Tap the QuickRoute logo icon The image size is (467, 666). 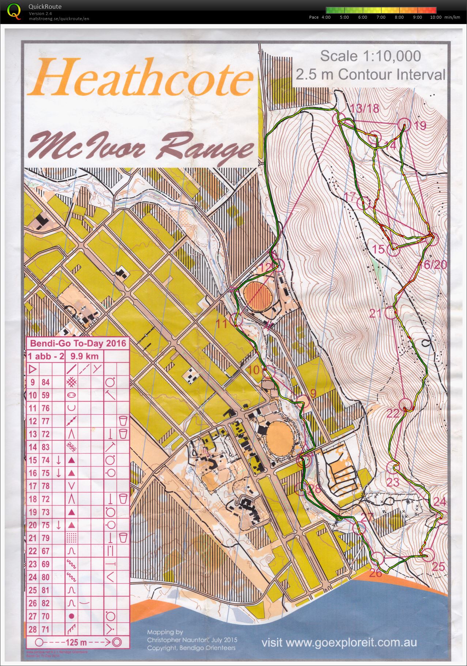click(x=14, y=11)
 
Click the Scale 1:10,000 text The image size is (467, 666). click(x=370, y=56)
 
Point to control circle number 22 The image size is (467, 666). click(x=405, y=405)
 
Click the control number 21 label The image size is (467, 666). click(x=376, y=313)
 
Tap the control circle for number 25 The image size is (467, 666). click(x=428, y=555)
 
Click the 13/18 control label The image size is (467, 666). click(x=364, y=108)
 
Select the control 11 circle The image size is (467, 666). click(x=236, y=320)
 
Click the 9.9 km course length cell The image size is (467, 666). click(x=84, y=356)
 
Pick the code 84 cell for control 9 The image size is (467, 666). click(x=45, y=382)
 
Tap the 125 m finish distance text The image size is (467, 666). click(x=76, y=642)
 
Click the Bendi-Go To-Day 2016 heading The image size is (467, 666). click(x=78, y=343)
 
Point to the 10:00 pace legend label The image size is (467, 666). click(x=435, y=17)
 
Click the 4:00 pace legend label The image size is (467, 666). click(x=326, y=17)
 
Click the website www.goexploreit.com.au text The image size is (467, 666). click(x=339, y=643)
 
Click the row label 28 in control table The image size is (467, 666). click(x=33, y=629)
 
